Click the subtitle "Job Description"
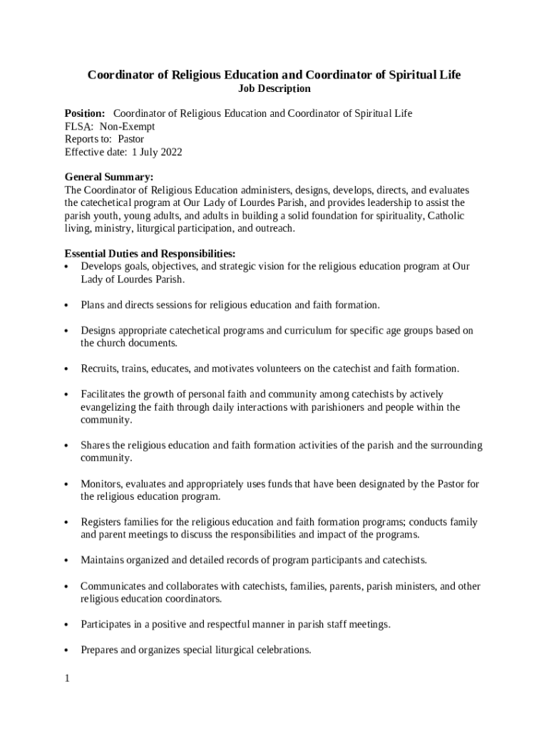pyautogui.click(x=274, y=89)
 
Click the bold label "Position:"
pyautogui.click(x=85, y=113)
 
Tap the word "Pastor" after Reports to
pyautogui.click(x=131, y=139)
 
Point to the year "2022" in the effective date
pyautogui.click(x=169, y=152)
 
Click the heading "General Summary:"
pyautogui.click(x=109, y=178)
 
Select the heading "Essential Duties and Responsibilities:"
pyautogui.click(x=150, y=254)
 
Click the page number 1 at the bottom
pyautogui.click(x=67, y=679)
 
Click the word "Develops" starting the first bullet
pyautogui.click(x=101, y=267)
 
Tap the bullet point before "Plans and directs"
pyautogui.click(x=66, y=306)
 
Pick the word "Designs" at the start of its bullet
pyautogui.click(x=98, y=331)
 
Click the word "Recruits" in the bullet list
pyautogui.click(x=99, y=369)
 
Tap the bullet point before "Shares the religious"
pyautogui.click(x=66, y=446)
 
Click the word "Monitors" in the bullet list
pyautogui.click(x=101, y=484)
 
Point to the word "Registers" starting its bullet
pyautogui.click(x=102, y=523)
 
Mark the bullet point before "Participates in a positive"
pyautogui.click(x=66, y=625)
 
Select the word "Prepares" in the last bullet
pyautogui.click(x=100, y=650)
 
